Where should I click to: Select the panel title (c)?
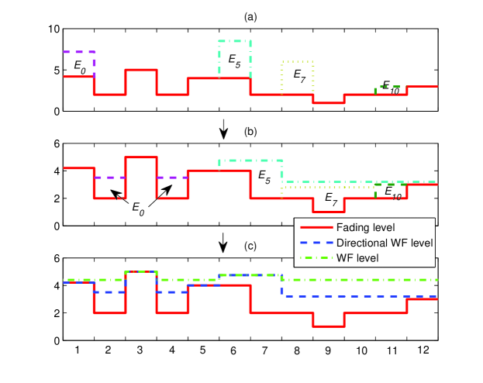point(250,247)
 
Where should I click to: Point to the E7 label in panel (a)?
point(300,75)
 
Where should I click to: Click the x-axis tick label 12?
point(422,351)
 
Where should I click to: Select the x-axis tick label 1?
point(78,351)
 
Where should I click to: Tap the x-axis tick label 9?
point(329,351)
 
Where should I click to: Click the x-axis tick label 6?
point(235,351)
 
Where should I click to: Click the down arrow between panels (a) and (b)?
point(223,131)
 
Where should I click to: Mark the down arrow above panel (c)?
point(223,246)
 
